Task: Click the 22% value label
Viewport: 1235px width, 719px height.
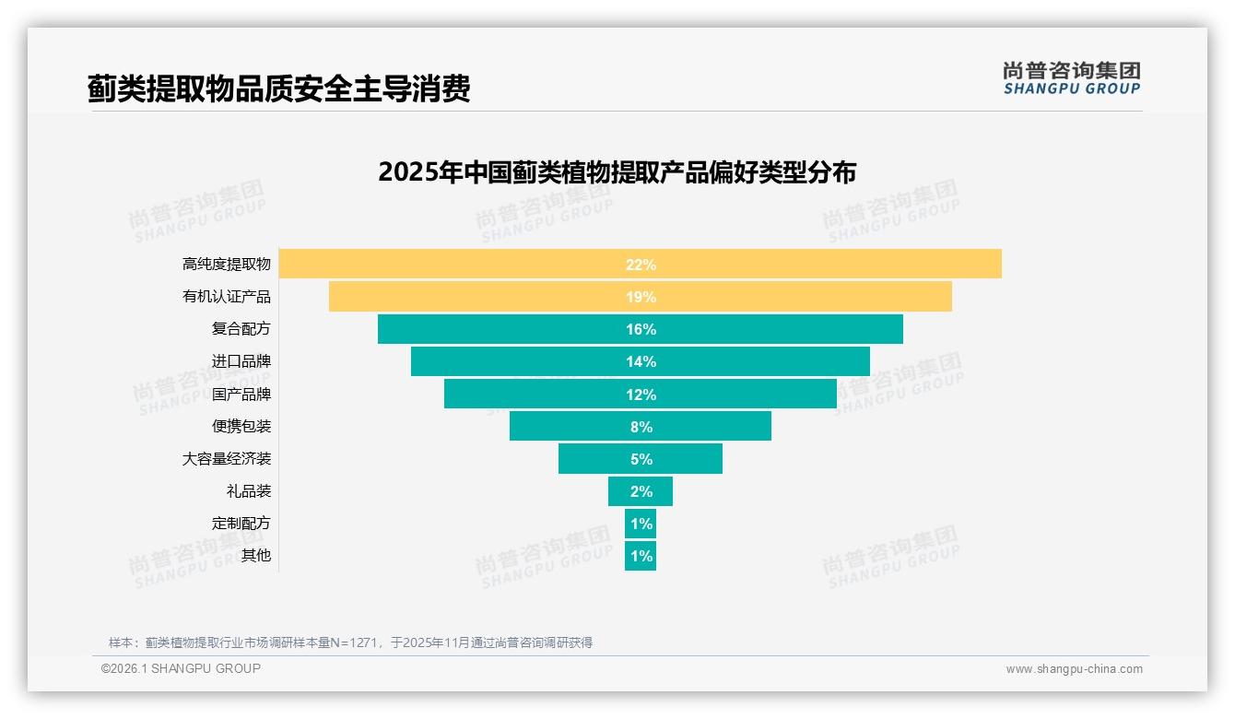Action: coord(641,265)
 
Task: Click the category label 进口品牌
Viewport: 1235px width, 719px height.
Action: coord(241,361)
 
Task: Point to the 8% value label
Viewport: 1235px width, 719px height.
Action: coord(641,427)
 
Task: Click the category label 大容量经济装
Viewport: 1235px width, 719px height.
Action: coord(227,459)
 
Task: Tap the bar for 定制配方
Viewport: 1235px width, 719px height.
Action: coord(641,524)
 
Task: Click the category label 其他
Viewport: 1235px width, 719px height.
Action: coord(256,556)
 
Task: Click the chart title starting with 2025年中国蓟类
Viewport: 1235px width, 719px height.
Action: coord(617,172)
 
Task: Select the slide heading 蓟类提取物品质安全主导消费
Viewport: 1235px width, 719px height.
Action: coord(279,88)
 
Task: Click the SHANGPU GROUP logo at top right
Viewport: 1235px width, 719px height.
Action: coord(1071,78)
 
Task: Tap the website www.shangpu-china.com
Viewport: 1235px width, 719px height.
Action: coord(1074,669)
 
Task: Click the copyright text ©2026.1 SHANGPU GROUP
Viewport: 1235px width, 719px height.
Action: coord(181,668)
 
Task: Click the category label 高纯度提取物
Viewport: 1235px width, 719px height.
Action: coord(227,265)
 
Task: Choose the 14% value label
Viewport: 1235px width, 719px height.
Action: coord(641,361)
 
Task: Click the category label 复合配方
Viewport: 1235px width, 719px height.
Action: coord(241,329)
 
